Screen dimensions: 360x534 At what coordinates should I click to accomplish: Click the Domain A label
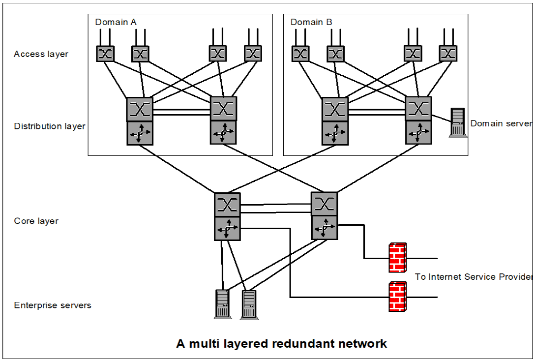[116, 22]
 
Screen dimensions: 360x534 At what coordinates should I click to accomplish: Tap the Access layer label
[41, 54]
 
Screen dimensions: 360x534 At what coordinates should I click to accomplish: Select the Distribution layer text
[50, 126]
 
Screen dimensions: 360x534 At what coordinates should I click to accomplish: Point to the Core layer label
[36, 221]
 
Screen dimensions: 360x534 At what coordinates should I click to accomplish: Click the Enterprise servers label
[53, 305]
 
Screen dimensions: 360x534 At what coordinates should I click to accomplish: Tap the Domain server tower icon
[458, 122]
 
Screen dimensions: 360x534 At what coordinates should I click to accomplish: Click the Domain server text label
[501, 123]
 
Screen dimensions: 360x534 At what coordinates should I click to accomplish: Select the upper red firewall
[397, 257]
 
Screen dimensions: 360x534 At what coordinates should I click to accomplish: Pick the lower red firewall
[397, 297]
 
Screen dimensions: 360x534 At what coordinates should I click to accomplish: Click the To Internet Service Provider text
[474, 277]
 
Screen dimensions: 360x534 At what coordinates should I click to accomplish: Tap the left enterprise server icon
[222, 304]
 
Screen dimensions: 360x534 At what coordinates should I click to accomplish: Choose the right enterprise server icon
[249, 305]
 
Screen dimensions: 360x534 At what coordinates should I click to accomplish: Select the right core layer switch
[324, 203]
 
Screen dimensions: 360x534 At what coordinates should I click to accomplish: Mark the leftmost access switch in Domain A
[105, 54]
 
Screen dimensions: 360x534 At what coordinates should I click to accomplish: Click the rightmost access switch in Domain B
[448, 54]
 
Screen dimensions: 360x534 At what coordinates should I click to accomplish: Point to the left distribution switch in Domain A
[140, 109]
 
